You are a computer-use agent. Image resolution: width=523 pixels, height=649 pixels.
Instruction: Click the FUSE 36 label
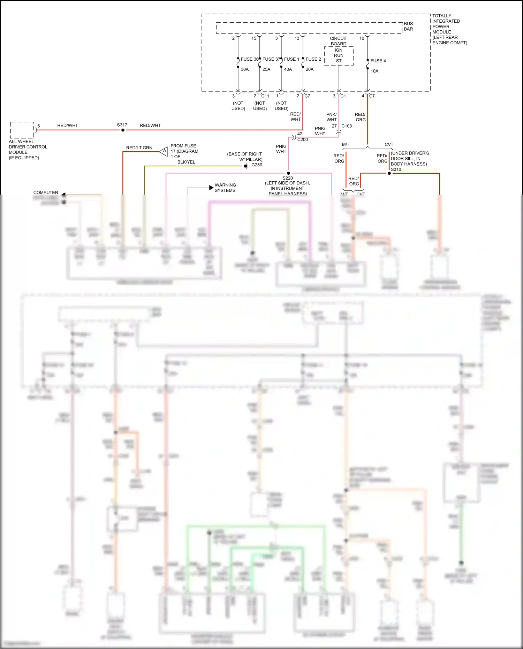coord(249,59)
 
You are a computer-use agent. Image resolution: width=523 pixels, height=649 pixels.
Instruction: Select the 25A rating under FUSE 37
coord(266,69)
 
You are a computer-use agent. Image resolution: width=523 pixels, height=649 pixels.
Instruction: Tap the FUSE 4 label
coord(378,61)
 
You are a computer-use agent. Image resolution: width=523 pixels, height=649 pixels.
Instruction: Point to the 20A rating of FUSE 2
coord(310,69)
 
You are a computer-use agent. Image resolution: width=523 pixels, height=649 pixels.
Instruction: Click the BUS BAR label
coord(408,27)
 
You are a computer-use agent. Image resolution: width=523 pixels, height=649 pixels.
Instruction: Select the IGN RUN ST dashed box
coord(339,56)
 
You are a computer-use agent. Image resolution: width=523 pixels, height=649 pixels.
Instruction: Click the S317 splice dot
coord(123,130)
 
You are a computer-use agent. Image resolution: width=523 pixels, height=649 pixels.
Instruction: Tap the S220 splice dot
coord(288,173)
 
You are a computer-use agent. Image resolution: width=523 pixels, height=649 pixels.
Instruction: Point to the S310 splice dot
coord(389,173)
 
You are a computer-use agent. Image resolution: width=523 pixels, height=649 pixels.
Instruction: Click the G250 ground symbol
coord(246,166)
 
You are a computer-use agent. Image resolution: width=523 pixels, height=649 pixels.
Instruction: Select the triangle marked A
coord(164,151)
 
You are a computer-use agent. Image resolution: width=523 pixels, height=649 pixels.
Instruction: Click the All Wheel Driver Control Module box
coord(22,130)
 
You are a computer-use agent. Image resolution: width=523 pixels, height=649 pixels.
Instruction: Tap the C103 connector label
coord(347,126)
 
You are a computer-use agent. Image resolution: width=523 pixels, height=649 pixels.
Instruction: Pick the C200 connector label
coord(303,139)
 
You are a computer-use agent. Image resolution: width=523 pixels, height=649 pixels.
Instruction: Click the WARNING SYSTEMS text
coord(225,188)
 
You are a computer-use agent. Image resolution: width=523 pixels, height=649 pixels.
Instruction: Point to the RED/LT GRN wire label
coord(139,148)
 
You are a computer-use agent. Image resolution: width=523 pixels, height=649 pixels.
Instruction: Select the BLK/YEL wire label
coord(186,162)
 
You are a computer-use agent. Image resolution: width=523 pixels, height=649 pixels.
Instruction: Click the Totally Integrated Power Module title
coord(449,29)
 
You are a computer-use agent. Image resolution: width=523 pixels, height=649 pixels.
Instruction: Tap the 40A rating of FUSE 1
coord(288,69)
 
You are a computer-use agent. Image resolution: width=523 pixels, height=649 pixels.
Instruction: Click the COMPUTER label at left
coord(46,193)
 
